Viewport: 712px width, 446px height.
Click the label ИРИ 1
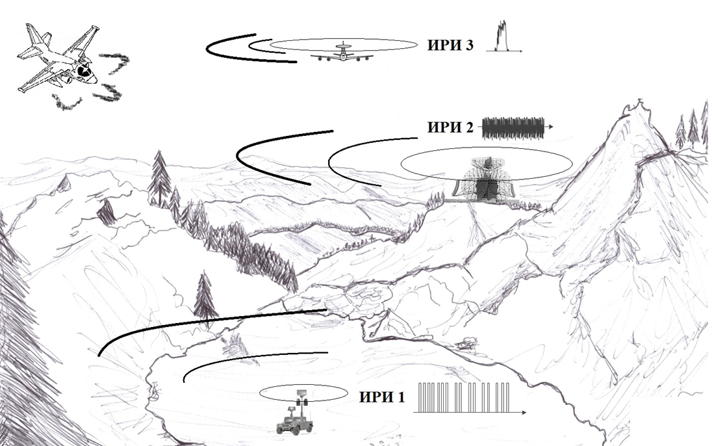[x=381, y=397]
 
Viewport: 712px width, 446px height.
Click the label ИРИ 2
[x=450, y=127]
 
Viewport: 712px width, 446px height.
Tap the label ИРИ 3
[x=450, y=45]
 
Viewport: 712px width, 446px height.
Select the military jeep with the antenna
[x=295, y=423]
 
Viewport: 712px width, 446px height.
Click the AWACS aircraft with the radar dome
[x=342, y=54]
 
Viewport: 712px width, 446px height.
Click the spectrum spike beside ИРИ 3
[x=502, y=36]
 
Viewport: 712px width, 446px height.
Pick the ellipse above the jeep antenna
[x=304, y=393]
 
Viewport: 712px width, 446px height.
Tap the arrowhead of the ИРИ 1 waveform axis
[x=524, y=412]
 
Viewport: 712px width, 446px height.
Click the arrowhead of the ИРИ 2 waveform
[x=550, y=127]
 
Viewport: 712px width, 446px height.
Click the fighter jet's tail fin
[x=36, y=36]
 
